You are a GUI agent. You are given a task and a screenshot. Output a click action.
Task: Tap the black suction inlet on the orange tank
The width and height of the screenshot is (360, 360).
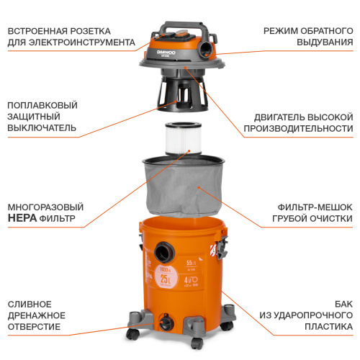pyautogui.click(x=162, y=251)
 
